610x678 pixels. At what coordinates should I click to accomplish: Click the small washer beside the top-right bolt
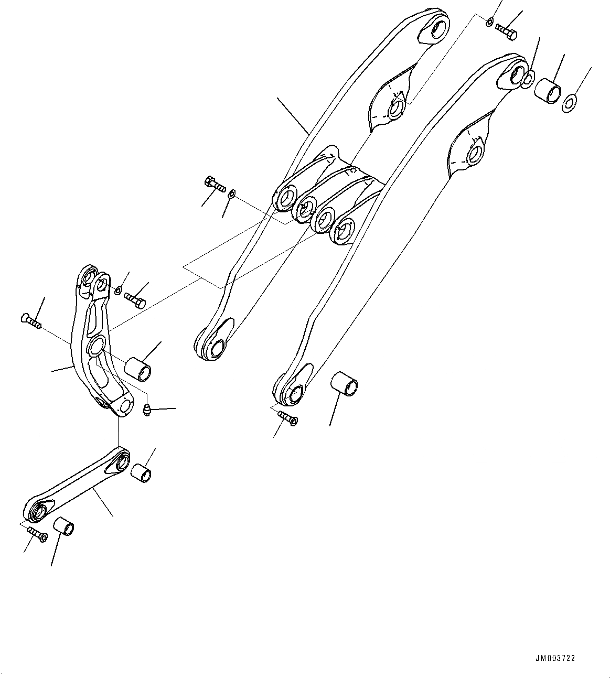pyautogui.click(x=489, y=22)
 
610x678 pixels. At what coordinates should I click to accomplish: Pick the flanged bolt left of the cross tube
pyautogui.click(x=214, y=185)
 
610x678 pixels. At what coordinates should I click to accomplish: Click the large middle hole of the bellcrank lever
pyautogui.click(x=96, y=346)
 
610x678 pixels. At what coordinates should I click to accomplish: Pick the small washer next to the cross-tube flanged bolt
pyautogui.click(x=232, y=195)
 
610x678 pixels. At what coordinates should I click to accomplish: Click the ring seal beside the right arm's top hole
pyautogui.click(x=529, y=79)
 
